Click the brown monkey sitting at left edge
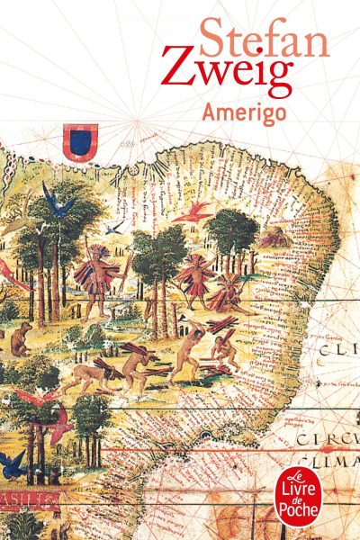[18, 341]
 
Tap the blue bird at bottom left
[13, 463]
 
